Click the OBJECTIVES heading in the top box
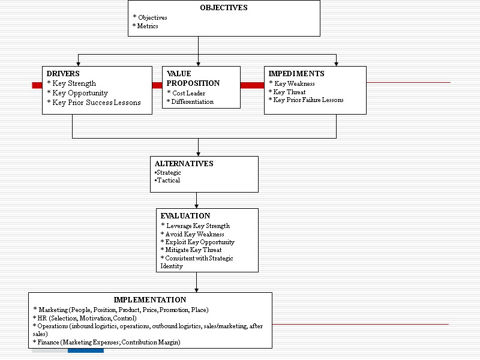tap(223, 8)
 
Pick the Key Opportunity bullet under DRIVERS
tap(77, 93)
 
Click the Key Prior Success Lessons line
tap(94, 103)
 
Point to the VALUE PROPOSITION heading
tap(193, 78)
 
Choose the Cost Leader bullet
tap(186, 93)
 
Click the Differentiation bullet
tap(190, 102)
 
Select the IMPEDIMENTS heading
tap(296, 74)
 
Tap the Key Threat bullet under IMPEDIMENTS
tap(287, 92)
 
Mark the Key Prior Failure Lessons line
tap(306, 100)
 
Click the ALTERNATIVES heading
tap(184, 164)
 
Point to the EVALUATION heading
tap(185, 216)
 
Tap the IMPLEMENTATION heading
tap(150, 300)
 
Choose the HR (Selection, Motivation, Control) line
tap(85, 318)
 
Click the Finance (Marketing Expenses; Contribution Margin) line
tap(107, 342)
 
